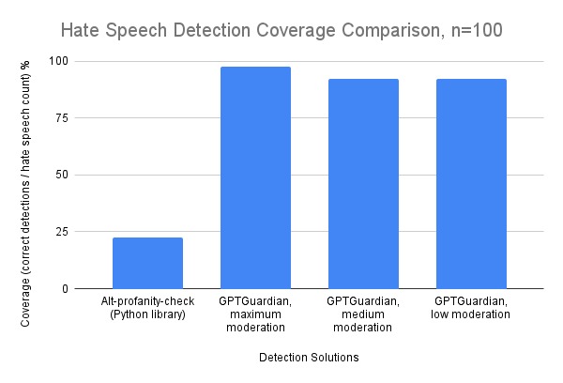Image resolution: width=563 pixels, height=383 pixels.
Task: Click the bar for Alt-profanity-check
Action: [x=147, y=263]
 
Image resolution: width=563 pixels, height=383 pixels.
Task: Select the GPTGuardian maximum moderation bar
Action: [x=255, y=178]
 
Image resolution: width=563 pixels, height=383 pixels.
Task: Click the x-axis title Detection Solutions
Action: [x=309, y=358]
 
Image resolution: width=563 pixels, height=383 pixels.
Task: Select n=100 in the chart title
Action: [x=474, y=30]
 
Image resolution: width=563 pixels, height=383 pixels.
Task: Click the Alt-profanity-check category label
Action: [x=147, y=300]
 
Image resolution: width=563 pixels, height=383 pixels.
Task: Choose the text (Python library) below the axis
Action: [x=147, y=314]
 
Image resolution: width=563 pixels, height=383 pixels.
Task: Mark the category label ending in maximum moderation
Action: [x=255, y=314]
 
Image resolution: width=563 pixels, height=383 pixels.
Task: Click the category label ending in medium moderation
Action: [x=363, y=314]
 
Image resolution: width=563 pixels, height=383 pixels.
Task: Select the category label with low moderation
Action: [x=471, y=307]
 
